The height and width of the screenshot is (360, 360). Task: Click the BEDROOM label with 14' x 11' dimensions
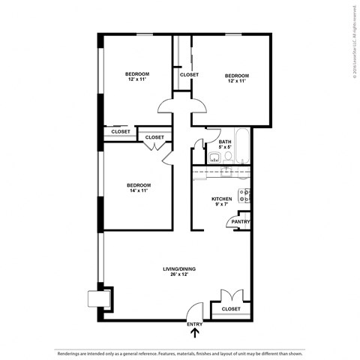click(138, 185)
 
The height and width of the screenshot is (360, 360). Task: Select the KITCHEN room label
click(222, 199)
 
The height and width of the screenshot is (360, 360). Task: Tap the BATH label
click(224, 142)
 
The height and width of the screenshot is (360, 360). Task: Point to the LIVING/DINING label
click(179, 268)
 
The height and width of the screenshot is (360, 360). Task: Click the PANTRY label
click(241, 222)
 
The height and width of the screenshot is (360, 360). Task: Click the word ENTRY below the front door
click(195, 324)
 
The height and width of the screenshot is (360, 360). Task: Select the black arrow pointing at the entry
click(195, 334)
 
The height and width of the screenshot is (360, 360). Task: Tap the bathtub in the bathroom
click(243, 148)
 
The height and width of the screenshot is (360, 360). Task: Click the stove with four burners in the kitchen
click(244, 196)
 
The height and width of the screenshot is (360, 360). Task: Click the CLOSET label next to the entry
click(231, 309)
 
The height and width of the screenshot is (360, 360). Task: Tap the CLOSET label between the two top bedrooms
click(189, 75)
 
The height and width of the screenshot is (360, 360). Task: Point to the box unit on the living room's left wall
click(97, 298)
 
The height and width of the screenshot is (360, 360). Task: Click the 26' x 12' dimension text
click(179, 274)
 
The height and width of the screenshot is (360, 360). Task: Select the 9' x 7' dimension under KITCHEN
click(222, 205)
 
